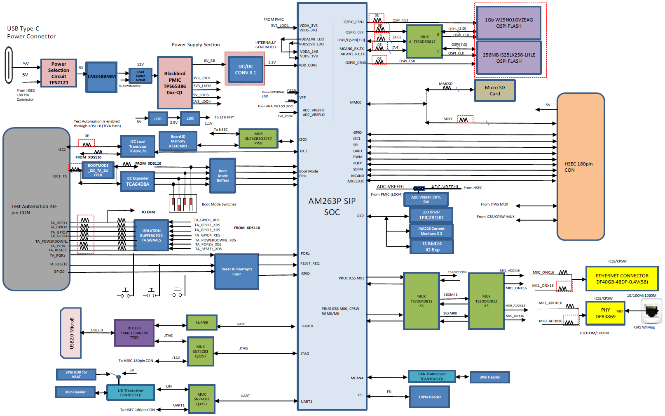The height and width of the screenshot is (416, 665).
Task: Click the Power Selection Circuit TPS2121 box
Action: click(59, 73)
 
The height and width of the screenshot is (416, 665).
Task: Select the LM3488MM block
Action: click(101, 77)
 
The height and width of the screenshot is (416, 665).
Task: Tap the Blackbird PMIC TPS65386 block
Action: click(175, 83)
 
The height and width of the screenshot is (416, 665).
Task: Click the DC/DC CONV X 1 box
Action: click(246, 70)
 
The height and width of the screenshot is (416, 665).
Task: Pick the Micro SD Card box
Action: click(494, 91)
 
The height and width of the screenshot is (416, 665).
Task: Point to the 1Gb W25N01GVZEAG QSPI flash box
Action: click(508, 23)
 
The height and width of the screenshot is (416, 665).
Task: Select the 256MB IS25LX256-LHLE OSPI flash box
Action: click(508, 58)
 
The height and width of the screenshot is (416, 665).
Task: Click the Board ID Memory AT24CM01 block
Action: click(178, 142)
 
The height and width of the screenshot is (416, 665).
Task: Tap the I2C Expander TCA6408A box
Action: click(138, 182)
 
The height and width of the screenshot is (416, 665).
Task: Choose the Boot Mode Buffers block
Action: click(222, 175)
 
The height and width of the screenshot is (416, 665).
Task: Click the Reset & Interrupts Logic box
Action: click(236, 271)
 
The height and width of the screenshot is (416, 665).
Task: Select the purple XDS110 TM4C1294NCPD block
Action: click(134, 333)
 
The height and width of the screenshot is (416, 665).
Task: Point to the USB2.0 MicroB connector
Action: click(71, 333)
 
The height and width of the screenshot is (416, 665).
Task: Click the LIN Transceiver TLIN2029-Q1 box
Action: click(131, 392)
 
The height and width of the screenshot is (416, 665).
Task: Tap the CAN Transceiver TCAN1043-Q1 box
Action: click(431, 376)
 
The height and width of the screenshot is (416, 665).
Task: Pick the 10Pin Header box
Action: click(429, 397)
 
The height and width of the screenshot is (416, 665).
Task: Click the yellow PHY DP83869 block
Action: click(605, 313)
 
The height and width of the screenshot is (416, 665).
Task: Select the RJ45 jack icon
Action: click(651, 312)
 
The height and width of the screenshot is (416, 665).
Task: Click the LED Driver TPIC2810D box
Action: click(431, 215)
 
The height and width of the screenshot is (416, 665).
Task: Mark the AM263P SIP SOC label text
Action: click(332, 206)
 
